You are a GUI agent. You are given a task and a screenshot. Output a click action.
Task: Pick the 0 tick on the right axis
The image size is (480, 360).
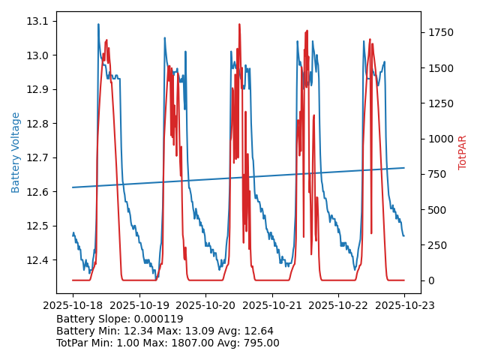pyautogui.click(x=430, y=280)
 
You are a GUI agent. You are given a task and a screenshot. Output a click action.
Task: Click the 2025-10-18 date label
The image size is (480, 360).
pyautogui.click(x=73, y=305)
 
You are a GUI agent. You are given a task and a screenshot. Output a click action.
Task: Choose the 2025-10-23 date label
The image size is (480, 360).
pyautogui.click(x=404, y=305)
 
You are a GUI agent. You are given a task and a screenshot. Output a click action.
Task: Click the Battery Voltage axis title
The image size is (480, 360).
pyautogui.click(x=16, y=152)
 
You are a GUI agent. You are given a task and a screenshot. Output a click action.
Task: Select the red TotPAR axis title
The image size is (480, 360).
pyautogui.click(x=463, y=152)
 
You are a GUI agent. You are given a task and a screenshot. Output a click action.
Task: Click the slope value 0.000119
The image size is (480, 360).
pyautogui.click(x=158, y=319)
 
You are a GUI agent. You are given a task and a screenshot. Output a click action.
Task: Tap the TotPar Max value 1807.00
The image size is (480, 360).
pyautogui.click(x=190, y=343)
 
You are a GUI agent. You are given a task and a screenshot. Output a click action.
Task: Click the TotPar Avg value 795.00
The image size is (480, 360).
pyautogui.click(x=256, y=343)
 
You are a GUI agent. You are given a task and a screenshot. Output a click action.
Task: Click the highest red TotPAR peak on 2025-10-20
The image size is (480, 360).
pyautogui.click(x=239, y=25)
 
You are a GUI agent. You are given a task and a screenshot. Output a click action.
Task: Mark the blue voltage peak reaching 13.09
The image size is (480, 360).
pyautogui.click(x=98, y=25)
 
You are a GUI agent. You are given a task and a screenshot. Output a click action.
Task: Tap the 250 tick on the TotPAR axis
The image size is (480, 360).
pyautogui.click(x=436, y=245)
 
